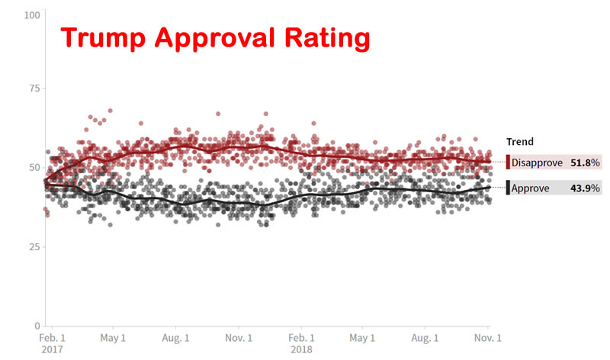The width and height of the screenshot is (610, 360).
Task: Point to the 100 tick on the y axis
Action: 33,15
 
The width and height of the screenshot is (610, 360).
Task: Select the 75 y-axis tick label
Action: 35,88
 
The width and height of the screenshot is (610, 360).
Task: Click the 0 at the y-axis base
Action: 37,325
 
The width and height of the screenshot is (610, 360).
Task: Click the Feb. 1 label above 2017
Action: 52,338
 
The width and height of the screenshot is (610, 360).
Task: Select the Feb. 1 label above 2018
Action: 300,338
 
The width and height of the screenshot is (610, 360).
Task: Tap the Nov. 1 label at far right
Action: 487,338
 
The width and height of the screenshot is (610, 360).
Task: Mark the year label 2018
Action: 300,349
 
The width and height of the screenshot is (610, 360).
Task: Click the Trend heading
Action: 519,142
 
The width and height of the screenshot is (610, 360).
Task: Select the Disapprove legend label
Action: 536,162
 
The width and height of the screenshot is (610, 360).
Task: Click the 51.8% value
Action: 584,162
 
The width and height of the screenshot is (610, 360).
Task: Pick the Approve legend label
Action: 531,188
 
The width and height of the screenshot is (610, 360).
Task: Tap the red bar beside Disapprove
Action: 508,162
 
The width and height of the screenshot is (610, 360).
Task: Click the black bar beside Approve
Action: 508,188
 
